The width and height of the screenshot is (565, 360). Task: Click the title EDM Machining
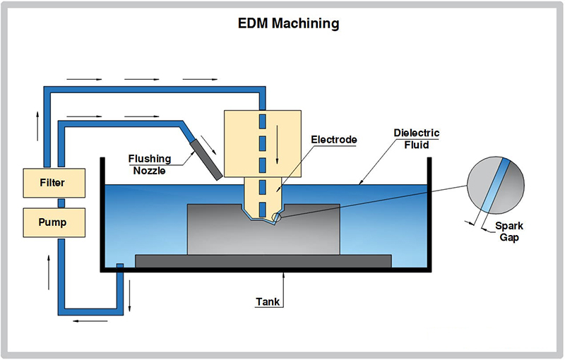tap(288, 24)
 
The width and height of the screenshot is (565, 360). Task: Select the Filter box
tap(52, 183)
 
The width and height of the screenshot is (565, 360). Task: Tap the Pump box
tap(52, 222)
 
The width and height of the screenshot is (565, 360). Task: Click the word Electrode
tap(334, 140)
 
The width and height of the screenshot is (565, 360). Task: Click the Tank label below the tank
tap(268, 302)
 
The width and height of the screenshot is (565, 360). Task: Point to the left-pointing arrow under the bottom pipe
tap(87, 320)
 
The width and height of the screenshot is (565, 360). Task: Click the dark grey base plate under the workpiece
tap(263, 261)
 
